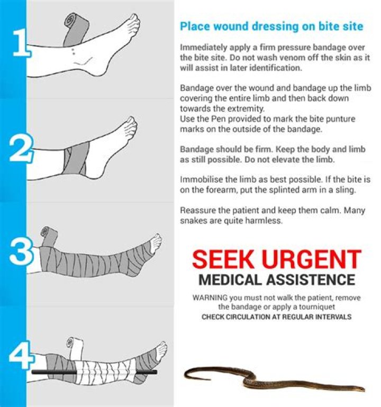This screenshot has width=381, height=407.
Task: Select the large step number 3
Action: pyautogui.click(x=21, y=251)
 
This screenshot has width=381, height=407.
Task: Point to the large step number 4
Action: pyautogui.click(x=22, y=355)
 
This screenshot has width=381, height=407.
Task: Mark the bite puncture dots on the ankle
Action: pyautogui.click(x=73, y=51)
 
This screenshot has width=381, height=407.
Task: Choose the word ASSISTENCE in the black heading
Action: pyautogui.click(x=311, y=280)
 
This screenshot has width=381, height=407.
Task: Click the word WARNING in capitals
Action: pyautogui.click(x=210, y=297)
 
